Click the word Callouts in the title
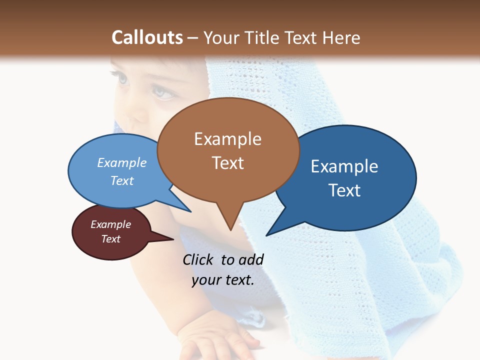click(147, 37)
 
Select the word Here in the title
click(341, 37)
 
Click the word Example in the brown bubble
click(227, 139)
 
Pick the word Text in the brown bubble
click(227, 163)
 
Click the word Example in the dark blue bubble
click(344, 166)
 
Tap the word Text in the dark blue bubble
click(344, 190)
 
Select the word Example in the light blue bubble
click(122, 162)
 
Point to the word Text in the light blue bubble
click(122, 180)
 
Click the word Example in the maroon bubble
click(110, 224)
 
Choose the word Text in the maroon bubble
click(110, 239)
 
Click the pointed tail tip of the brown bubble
click(230, 230)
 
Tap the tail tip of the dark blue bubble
click(267, 235)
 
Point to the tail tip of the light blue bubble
click(190, 211)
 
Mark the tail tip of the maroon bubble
click(173, 239)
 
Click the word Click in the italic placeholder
click(198, 259)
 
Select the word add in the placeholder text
click(250, 259)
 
